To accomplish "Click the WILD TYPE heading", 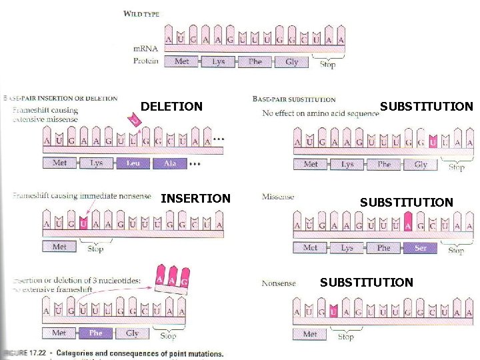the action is coord(141,14).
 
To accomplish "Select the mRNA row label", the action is coord(146,49).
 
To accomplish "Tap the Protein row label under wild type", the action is coord(146,61).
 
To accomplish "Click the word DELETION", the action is coord(172,106).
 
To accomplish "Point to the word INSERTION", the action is coord(195,198).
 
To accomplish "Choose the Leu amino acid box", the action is coord(133,163).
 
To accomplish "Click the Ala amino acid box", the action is coord(169,163).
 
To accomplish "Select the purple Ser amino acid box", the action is coord(420,248).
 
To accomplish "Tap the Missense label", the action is coord(277,197).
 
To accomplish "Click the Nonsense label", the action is coord(279,283).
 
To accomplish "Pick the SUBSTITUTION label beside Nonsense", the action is coord(366,283).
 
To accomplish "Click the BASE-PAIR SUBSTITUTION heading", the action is coord(294,99).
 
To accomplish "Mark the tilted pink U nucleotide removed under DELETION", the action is coord(134,120).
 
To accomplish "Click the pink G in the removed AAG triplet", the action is coord(184,281).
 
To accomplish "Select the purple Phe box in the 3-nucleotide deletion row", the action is coord(95,333).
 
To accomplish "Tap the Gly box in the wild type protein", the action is coord(291,61).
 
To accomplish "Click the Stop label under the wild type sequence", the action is coord(327,65).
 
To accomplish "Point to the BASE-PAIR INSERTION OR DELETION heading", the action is coord(61,99).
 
